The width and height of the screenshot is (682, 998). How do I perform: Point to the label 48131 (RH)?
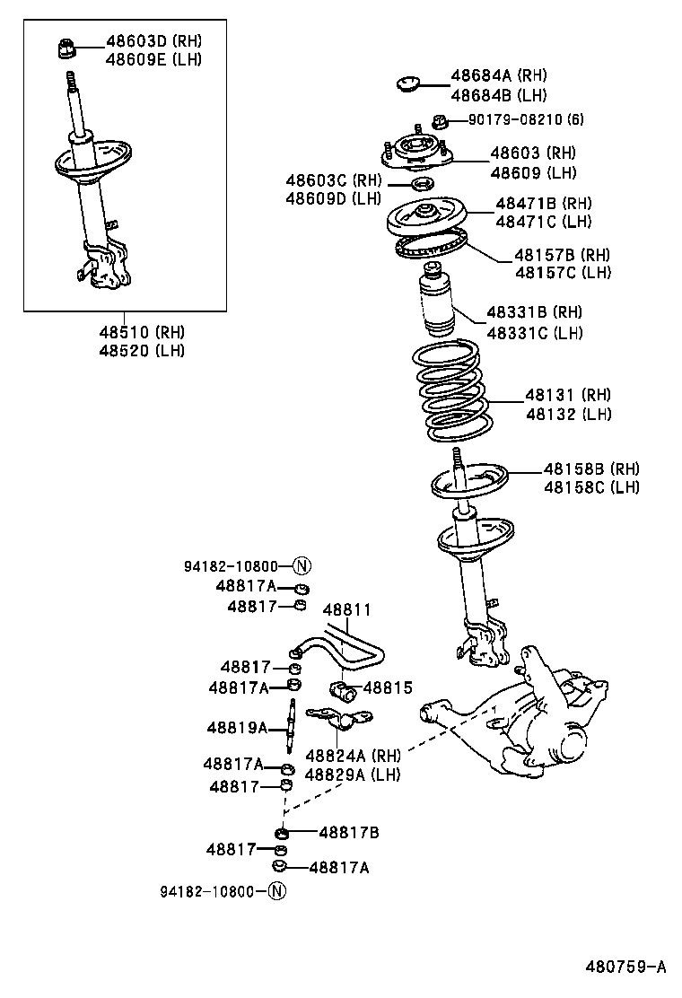[568, 395]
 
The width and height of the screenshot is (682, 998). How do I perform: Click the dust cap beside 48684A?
[408, 85]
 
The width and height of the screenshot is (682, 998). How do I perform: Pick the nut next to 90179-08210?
[440, 120]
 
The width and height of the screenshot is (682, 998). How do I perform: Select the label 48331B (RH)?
[534, 312]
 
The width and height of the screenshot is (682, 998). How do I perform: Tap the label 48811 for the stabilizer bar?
[345, 609]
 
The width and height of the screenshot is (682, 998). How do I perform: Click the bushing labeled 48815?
[342, 689]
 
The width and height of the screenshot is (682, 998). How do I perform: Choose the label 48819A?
[237, 727]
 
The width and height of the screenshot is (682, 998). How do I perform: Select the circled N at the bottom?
[276, 891]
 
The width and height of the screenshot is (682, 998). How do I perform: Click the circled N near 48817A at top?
[302, 565]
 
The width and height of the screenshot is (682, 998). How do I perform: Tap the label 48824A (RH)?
[353, 755]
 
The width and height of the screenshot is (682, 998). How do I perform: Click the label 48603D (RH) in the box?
[153, 40]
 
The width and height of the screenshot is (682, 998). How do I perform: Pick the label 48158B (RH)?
[591, 468]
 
